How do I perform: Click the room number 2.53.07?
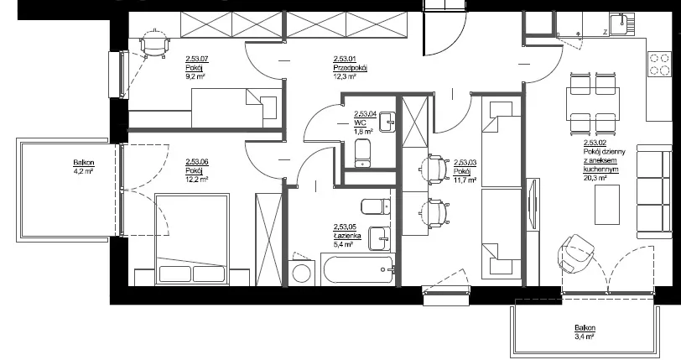click(x=198, y=58)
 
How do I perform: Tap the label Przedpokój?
click(x=351, y=67)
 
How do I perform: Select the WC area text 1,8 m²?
click(x=363, y=131)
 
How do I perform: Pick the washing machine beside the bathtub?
click(x=301, y=272)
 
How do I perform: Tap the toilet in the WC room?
click(x=363, y=153)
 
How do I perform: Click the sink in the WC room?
click(x=387, y=123)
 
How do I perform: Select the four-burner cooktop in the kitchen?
click(x=660, y=65)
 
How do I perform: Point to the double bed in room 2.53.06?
click(x=191, y=240)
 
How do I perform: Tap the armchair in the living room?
click(x=575, y=253)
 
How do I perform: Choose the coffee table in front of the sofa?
click(x=606, y=205)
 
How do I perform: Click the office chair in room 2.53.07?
click(x=154, y=44)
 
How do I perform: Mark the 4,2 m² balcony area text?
click(x=84, y=171)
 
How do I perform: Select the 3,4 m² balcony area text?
click(x=585, y=337)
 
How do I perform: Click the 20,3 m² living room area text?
click(x=595, y=177)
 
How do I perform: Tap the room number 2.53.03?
click(x=465, y=163)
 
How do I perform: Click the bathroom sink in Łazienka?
click(x=381, y=238)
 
